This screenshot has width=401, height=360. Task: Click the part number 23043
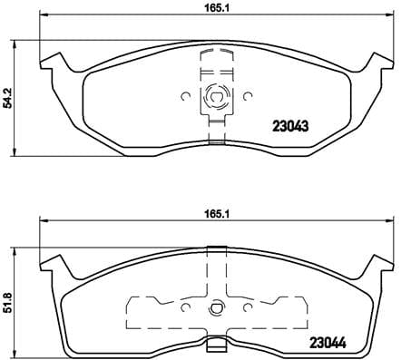click(290, 128)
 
